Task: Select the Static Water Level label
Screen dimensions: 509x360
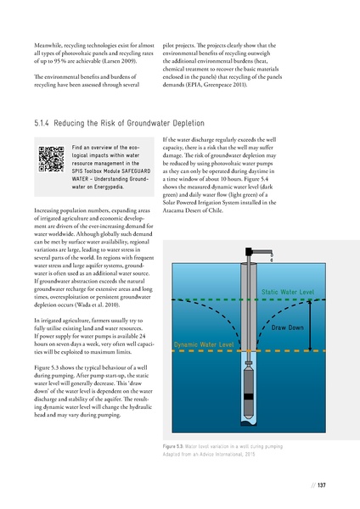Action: tap(287, 293)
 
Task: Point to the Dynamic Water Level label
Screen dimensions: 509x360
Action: tap(204, 345)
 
